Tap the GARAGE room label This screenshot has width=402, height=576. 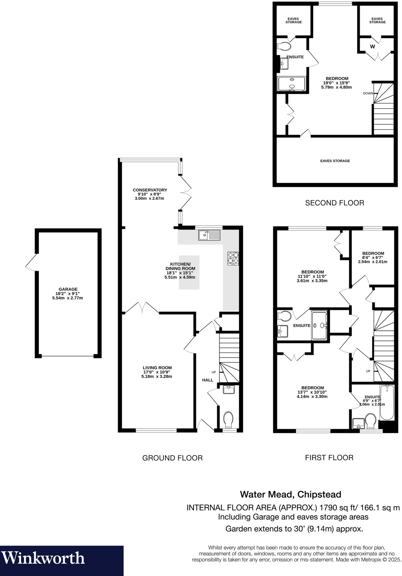click(68, 289)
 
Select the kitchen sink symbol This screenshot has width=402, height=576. click(209, 235)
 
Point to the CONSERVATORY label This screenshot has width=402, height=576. click(150, 190)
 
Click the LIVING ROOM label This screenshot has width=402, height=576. click(157, 368)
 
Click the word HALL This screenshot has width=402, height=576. click(207, 380)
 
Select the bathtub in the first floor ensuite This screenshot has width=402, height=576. click(387, 402)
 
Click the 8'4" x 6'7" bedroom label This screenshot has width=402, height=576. click(373, 257)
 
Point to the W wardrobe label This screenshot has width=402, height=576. click(372, 47)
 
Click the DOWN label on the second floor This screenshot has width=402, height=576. click(368, 93)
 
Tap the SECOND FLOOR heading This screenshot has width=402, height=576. click(335, 203)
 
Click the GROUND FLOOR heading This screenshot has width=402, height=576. click(172, 458)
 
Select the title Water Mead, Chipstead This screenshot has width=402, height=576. click(290, 494)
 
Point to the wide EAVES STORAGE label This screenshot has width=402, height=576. click(335, 161)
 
